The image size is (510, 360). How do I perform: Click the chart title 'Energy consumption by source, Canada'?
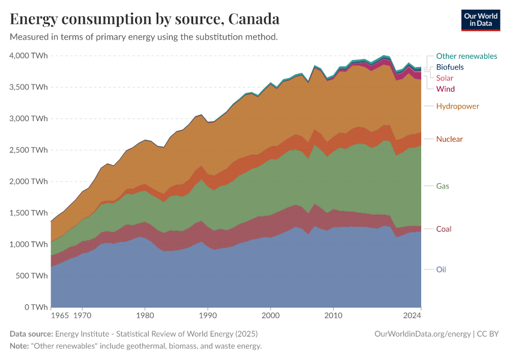[145, 19]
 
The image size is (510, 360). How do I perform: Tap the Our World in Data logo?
[480, 20]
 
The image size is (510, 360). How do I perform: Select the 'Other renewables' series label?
[466, 56]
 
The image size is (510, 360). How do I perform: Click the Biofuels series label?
[449, 67]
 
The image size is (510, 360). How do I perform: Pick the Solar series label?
[445, 78]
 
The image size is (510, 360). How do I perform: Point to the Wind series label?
[445, 89]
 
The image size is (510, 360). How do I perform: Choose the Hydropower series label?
[457, 106]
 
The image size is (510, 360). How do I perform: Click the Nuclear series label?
[449, 139]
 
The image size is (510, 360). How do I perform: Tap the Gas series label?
[442, 186]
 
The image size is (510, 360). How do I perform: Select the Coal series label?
[443, 229]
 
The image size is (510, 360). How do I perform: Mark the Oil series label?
[441, 269]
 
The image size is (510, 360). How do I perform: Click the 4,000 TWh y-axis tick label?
[28, 56]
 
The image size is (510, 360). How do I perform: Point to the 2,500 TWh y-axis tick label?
[28, 150]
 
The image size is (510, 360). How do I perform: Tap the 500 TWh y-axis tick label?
[31, 276]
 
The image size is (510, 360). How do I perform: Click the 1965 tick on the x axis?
[59, 314]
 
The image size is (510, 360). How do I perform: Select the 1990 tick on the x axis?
[207, 314]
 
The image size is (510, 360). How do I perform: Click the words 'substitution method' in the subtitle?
[238, 37]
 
